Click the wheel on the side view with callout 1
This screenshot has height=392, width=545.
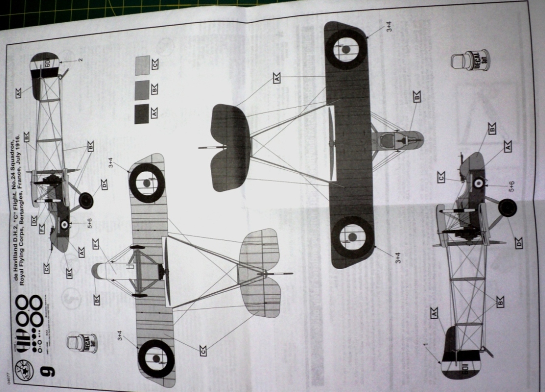tap(507, 209)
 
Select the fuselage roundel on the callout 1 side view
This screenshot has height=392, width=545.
tap(477, 184)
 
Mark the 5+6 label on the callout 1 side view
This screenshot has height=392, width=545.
tap(511, 186)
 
